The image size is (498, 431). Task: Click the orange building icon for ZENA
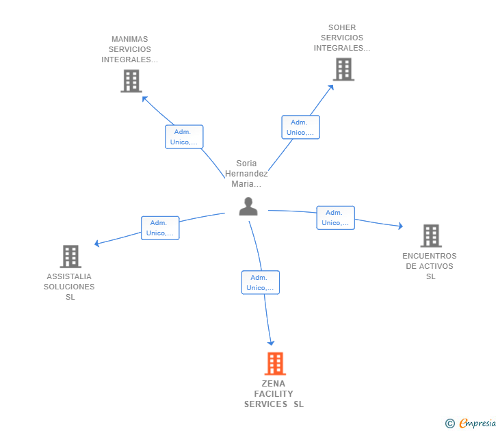tap(275, 363)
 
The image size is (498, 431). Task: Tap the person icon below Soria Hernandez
tap(248, 207)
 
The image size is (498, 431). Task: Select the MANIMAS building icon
tap(131, 81)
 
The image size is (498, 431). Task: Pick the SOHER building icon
tap(343, 69)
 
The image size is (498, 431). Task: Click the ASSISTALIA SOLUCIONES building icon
tap(70, 257)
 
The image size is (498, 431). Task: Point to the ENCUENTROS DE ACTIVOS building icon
tap(431, 235)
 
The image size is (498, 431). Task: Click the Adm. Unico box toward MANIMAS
tap(184, 137)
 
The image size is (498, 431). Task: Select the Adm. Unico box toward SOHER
tap(300, 127)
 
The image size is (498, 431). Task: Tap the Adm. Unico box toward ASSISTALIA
tap(160, 228)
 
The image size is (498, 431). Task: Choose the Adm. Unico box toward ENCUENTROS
tap(335, 218)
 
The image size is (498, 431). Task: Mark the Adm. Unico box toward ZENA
tap(261, 283)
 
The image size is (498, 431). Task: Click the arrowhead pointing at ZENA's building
tap(271, 343)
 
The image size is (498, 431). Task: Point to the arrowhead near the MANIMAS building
tap(144, 99)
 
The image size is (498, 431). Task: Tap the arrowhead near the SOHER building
tap(331, 88)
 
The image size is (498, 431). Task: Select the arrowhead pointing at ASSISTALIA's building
tap(97, 244)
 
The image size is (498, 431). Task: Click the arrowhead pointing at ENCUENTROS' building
tap(400, 226)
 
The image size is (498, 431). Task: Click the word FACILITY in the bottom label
tap(274, 394)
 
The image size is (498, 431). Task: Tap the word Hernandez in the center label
tap(246, 173)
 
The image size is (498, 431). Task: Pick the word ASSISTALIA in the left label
tap(69, 276)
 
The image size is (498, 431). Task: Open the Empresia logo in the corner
tap(471, 423)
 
